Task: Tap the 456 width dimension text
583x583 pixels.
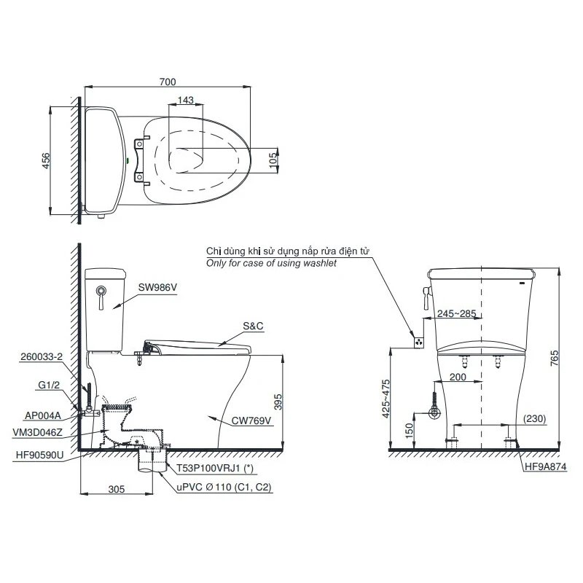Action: click(45, 160)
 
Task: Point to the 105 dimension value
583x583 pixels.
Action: click(274, 160)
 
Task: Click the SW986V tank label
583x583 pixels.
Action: click(157, 287)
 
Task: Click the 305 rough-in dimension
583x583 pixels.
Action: click(117, 489)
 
